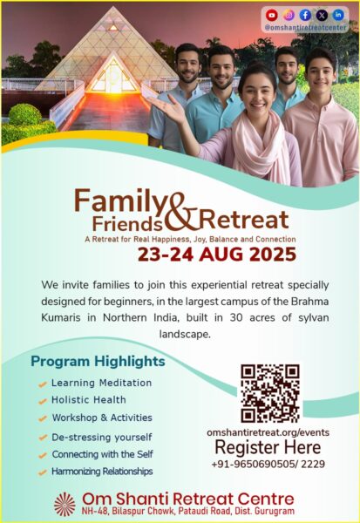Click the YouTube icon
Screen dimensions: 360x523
point(272,15)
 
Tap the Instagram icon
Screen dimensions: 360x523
point(289,15)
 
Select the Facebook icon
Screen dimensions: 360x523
point(305,15)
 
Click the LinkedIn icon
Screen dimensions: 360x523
point(338,15)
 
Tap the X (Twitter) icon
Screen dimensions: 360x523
point(322,15)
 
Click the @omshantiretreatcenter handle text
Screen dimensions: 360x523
point(305,27)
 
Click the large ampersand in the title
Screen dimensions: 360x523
point(180,213)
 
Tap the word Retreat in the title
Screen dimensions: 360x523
point(244,220)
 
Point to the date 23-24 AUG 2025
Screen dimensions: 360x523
point(217,255)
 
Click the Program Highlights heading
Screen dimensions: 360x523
point(98,361)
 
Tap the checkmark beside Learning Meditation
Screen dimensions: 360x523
point(43,384)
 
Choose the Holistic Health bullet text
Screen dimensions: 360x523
point(89,399)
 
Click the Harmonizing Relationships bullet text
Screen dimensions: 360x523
point(102,472)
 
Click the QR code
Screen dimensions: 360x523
point(270,393)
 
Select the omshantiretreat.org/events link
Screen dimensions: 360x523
point(268,432)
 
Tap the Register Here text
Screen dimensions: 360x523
point(268,447)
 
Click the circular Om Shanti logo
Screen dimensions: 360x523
point(65,505)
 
